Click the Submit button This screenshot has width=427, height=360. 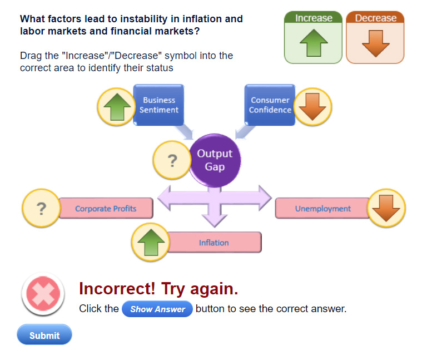44,334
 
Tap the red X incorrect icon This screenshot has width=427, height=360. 43,293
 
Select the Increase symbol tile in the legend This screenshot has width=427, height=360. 313,37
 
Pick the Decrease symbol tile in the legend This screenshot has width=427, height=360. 375,37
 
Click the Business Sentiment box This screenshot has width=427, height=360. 159,105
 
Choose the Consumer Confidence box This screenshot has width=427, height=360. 270,105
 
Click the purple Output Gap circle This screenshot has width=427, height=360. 215,160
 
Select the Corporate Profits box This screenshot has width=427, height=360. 106,209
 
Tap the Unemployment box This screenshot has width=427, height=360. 322,209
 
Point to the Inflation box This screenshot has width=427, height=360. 213,242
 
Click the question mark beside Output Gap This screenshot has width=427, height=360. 172,160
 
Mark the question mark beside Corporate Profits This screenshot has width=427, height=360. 41,209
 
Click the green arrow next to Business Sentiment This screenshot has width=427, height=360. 117,107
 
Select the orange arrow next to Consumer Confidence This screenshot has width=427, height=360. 312,107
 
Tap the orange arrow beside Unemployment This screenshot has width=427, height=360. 386,208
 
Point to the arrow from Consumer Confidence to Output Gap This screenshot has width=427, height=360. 245,132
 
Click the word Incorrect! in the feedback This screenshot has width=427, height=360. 117,288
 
